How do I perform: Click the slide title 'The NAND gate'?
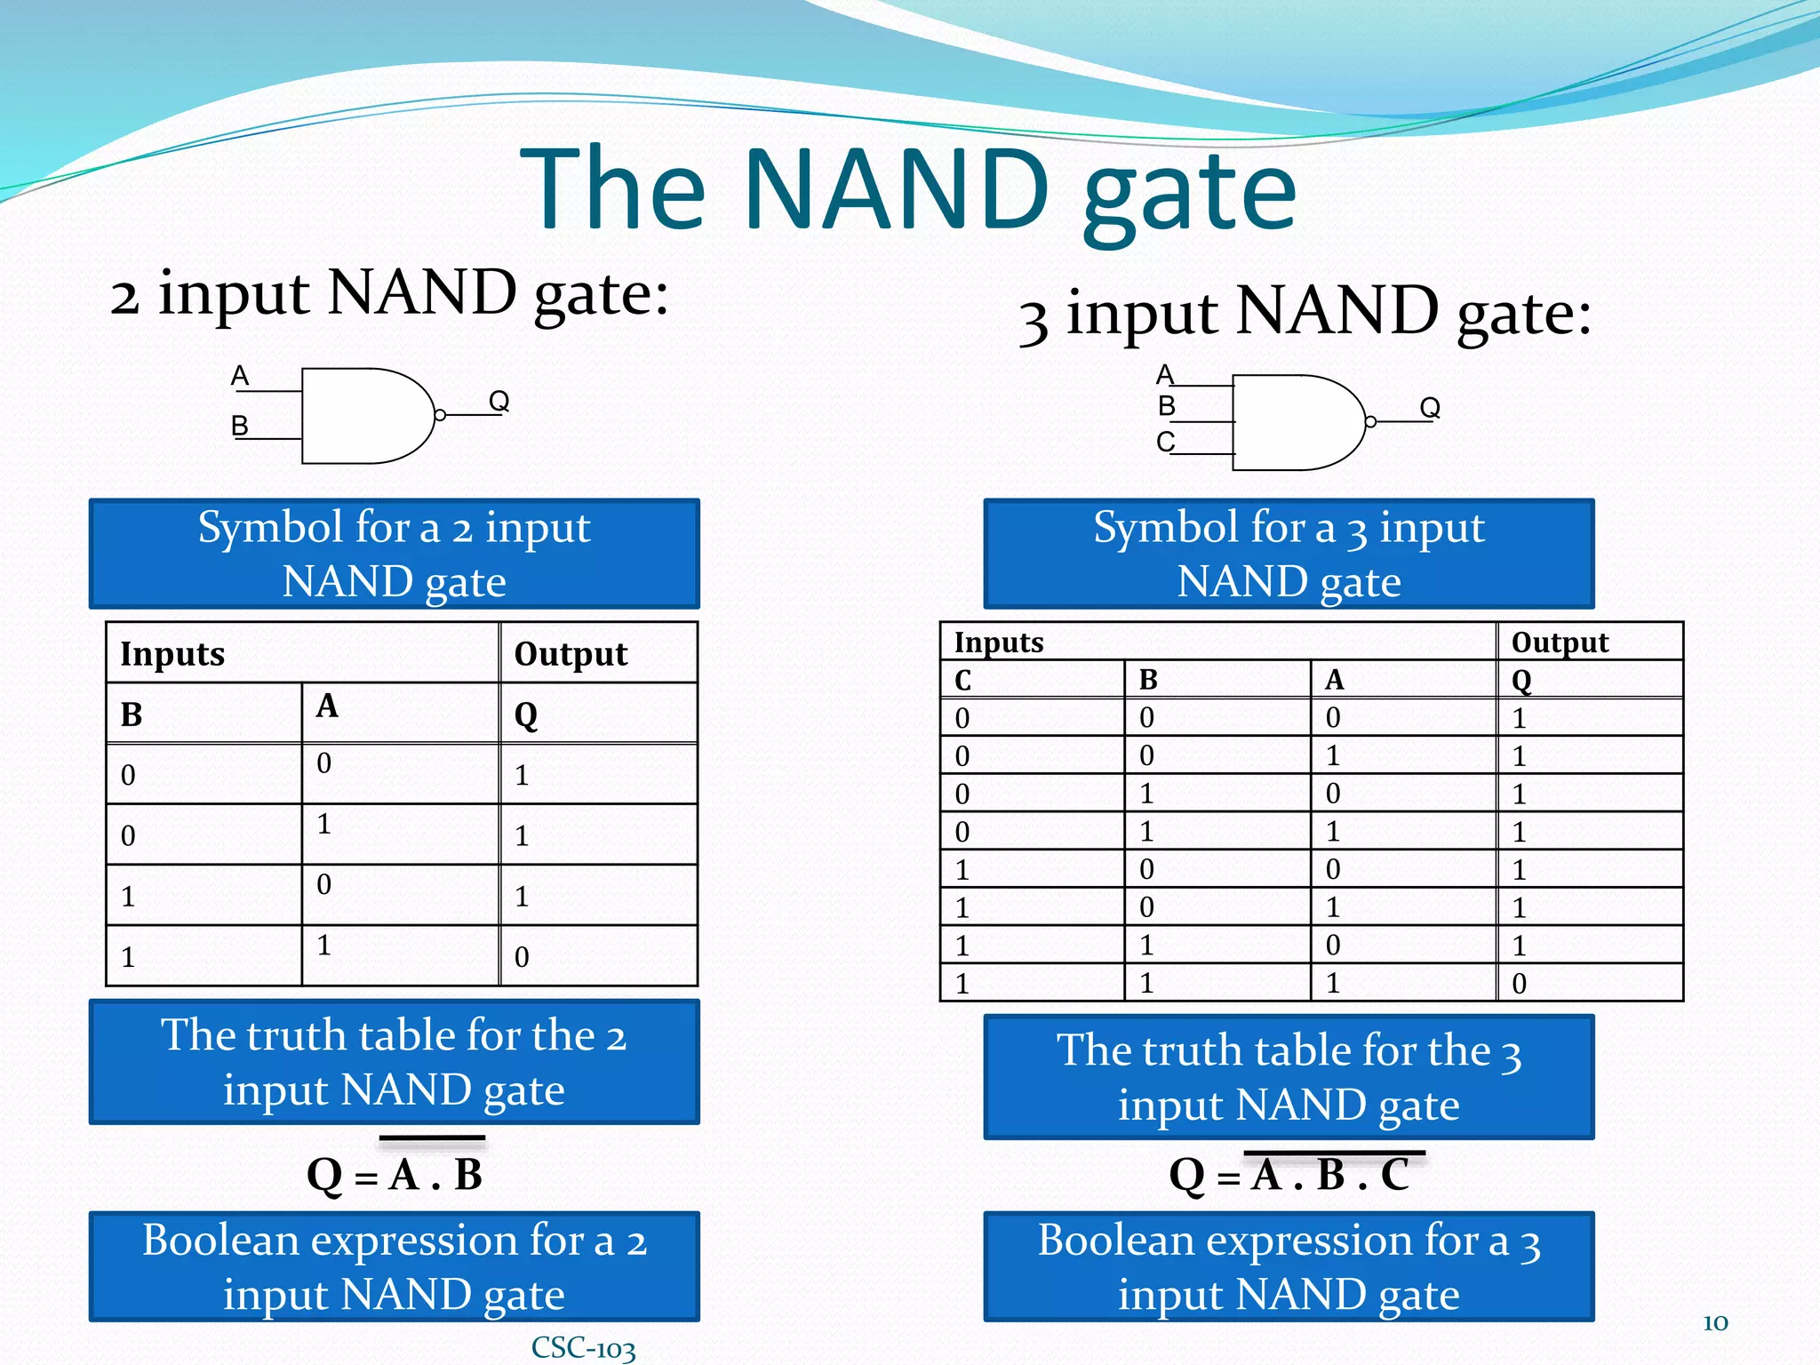(908, 189)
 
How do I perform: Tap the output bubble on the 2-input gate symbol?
(440, 415)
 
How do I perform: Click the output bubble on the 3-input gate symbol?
(1370, 421)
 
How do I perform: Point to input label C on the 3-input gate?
(1165, 442)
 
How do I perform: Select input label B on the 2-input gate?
(239, 427)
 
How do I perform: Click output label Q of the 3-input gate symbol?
(1429, 407)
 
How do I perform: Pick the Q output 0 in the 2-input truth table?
(522, 957)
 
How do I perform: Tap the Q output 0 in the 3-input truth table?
(1519, 984)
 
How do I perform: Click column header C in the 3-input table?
(962, 681)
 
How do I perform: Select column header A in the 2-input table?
(327, 706)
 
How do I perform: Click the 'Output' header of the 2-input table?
(571, 654)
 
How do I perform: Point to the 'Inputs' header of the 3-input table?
(999, 642)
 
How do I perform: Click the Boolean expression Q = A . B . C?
(1289, 1175)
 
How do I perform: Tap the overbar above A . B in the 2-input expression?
(432, 1137)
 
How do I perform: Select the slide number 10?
(1715, 1322)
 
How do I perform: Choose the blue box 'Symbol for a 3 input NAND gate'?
(1289, 554)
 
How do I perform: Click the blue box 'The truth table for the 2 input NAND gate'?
(394, 1062)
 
